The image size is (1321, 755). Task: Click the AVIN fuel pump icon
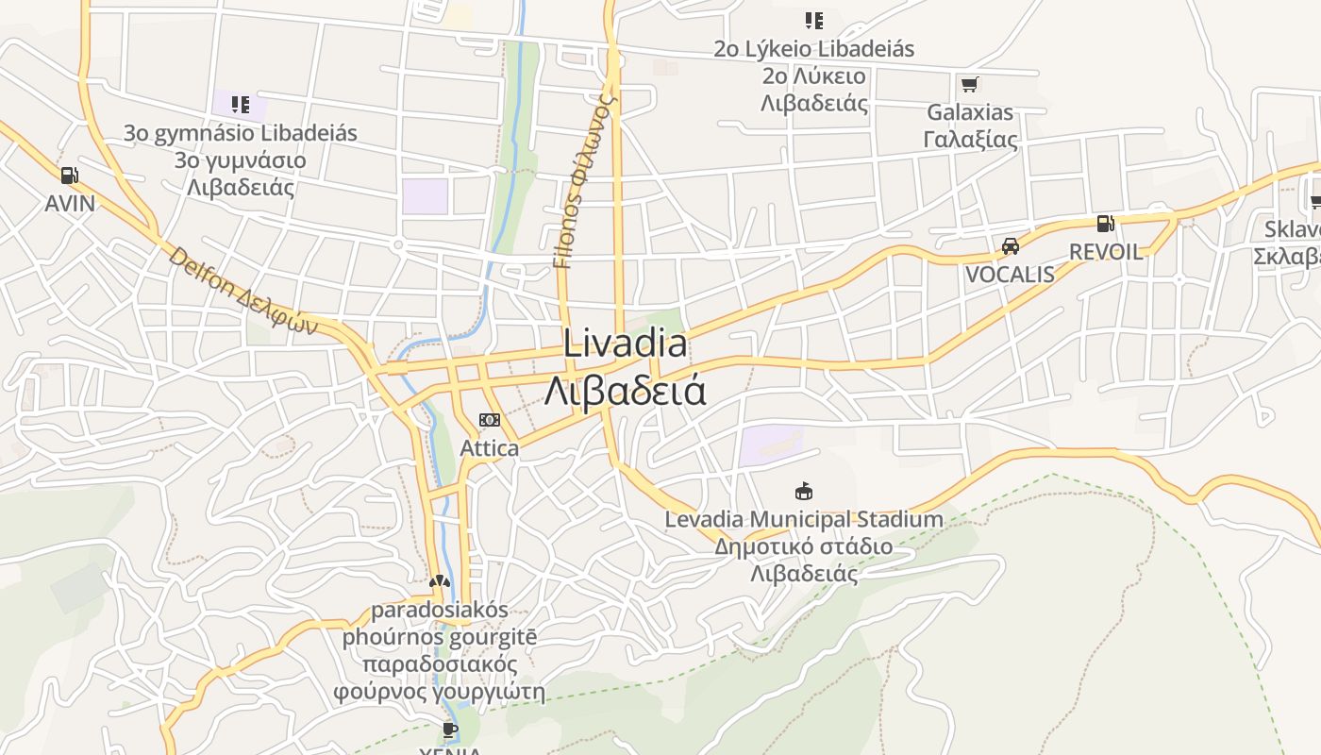coord(69,175)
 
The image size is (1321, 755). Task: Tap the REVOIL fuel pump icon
coord(1105,224)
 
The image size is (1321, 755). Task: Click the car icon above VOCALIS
coord(1011,246)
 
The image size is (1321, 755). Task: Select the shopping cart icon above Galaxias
coord(969,84)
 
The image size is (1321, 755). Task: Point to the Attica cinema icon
coord(489,420)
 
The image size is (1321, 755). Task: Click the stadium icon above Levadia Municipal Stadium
coord(803,491)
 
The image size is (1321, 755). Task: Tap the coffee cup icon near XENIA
coord(450,729)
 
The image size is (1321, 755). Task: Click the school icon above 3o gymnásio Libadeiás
coord(241,104)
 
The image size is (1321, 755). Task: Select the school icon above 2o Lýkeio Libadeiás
coord(813,20)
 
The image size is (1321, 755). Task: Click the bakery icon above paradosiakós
coord(439,581)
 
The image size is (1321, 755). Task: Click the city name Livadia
coord(626,344)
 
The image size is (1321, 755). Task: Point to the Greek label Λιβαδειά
coord(626,390)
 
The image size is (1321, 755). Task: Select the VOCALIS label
coord(1010,275)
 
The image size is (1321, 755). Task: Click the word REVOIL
coord(1105,252)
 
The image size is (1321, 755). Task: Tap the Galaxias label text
coord(970,112)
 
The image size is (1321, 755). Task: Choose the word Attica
coord(489,447)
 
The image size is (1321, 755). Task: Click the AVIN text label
coord(70,203)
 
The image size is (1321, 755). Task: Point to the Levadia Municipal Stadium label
coord(804,519)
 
